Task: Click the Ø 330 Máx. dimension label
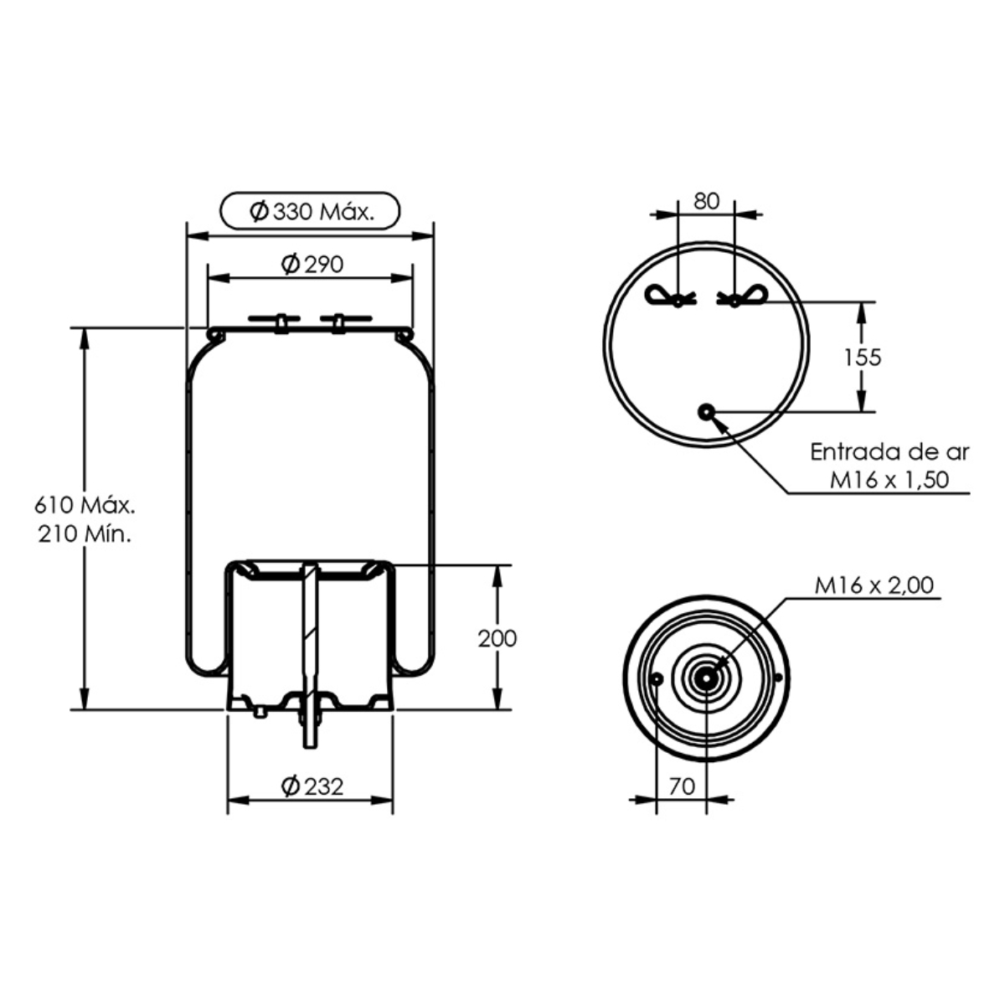pos(312,212)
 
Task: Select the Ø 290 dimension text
pos(312,265)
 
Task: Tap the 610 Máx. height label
pos(85,505)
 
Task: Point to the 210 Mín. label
pos(85,533)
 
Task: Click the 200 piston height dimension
pos(497,638)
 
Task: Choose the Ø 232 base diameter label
pos(312,786)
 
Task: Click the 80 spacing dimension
pos(706,201)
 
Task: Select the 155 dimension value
pos(863,358)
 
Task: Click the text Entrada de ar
pos(889,452)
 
